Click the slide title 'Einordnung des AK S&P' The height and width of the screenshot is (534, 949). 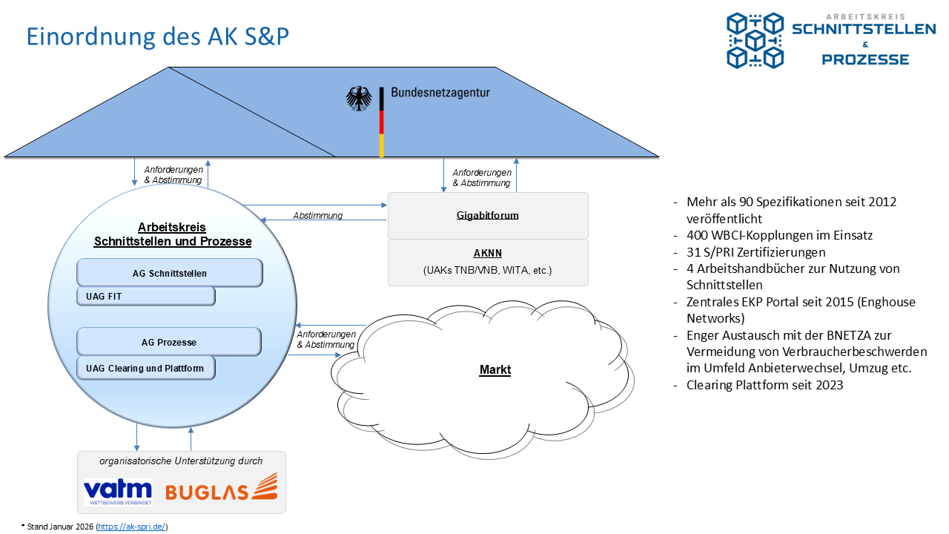coord(157,36)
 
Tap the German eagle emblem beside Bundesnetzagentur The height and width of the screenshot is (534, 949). coord(359,99)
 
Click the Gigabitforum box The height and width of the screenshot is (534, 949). coord(487,216)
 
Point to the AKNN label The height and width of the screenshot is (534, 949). coord(487,252)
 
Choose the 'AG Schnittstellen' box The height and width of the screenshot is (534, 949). coord(170,273)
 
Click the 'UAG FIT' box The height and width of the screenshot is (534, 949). coord(145,297)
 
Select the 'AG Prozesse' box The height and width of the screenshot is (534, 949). coord(169,342)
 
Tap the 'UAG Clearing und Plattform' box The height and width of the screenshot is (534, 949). coord(145,368)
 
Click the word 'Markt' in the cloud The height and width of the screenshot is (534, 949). coord(495,369)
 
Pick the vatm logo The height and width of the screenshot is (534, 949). coord(118,492)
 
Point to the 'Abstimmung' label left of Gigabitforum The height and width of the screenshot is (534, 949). coord(317,216)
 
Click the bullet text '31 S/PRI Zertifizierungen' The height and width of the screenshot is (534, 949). coord(755,251)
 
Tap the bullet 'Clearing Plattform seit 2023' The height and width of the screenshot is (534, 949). coord(764,385)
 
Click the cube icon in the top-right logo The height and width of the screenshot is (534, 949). coord(755,40)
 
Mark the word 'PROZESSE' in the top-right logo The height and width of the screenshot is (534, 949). coord(865,59)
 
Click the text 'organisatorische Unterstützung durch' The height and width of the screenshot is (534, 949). coord(181,461)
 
